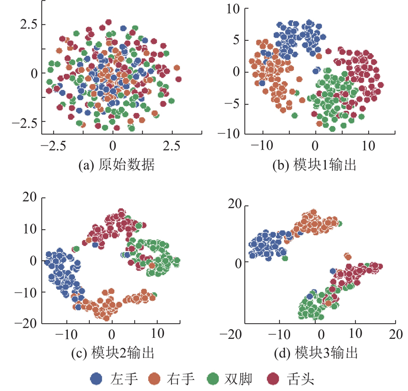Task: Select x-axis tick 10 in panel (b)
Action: point(368,145)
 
